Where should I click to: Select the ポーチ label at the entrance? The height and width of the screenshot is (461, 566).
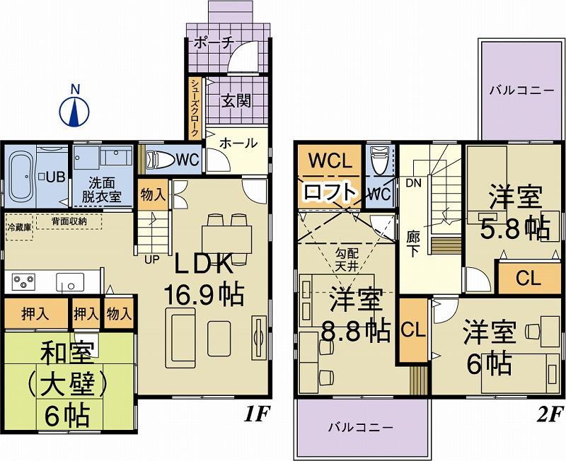(213, 42)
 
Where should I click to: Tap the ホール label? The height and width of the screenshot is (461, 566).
(238, 143)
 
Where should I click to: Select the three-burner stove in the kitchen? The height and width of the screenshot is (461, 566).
(24, 281)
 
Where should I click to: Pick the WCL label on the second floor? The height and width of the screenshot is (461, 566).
(329, 161)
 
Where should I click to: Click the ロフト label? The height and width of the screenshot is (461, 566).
(329, 192)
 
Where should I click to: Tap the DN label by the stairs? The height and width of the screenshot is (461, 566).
(413, 182)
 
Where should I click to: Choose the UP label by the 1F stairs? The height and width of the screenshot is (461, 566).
(152, 259)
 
